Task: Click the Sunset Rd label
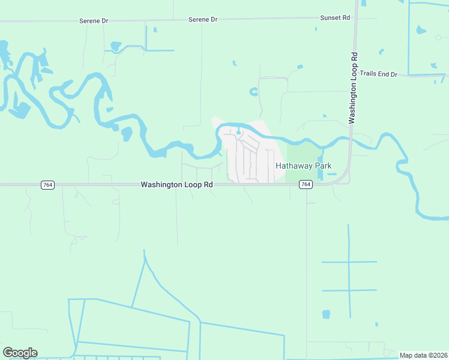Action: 335,18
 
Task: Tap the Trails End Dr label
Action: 378,74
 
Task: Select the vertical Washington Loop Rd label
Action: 354,88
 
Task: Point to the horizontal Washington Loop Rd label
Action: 177,185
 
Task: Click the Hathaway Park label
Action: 303,166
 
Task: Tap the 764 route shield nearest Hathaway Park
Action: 306,185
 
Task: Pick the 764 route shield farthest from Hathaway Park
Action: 48,185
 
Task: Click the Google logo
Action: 20,353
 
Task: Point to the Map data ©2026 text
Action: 423,355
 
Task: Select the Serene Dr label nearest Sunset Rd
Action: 203,20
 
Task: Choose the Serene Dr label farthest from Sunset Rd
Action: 94,21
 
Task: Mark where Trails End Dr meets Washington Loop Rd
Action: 353,76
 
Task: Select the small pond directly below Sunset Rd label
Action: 316,29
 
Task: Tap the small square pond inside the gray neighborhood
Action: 238,133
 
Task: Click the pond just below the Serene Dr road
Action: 155,29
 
